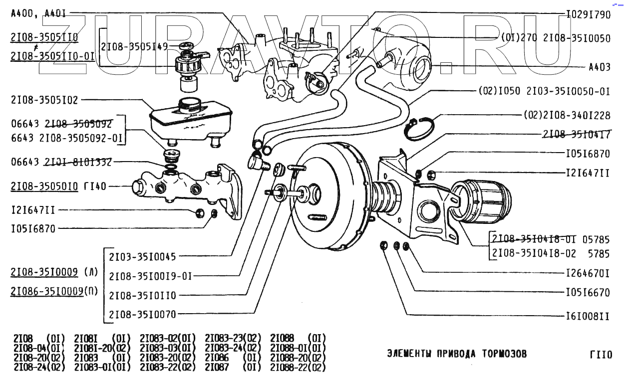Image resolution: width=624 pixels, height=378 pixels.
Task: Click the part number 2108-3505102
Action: click(44, 100)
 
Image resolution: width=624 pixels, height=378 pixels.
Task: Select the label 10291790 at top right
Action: click(588, 14)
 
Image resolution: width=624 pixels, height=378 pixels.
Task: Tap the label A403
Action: click(600, 67)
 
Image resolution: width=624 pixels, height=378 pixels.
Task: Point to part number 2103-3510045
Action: click(142, 256)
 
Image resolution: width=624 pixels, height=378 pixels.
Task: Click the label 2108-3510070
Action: click(142, 314)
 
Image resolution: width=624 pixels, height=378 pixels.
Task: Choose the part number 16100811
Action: click(588, 315)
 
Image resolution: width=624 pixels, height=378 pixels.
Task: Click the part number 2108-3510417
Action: click(576, 134)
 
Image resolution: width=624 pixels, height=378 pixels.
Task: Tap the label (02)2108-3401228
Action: click(567, 115)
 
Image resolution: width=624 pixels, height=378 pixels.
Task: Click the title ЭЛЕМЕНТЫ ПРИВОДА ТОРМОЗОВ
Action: click(457, 354)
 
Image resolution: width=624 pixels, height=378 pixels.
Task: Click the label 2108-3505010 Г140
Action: click(58, 187)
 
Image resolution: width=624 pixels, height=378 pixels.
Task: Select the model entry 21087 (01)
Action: click(232, 368)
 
